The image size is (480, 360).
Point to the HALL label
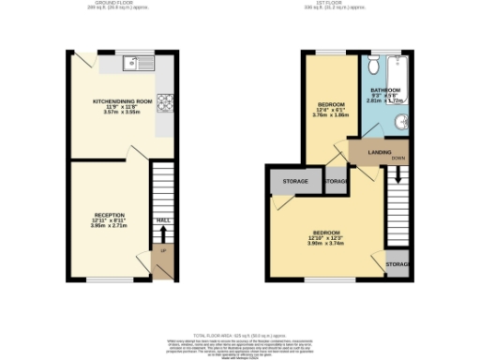162,220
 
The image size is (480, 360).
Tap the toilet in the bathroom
374,67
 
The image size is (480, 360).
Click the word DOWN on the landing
398,158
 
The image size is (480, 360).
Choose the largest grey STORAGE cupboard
289,181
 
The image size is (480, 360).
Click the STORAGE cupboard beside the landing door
336,180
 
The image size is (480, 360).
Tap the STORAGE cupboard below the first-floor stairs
397,263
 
